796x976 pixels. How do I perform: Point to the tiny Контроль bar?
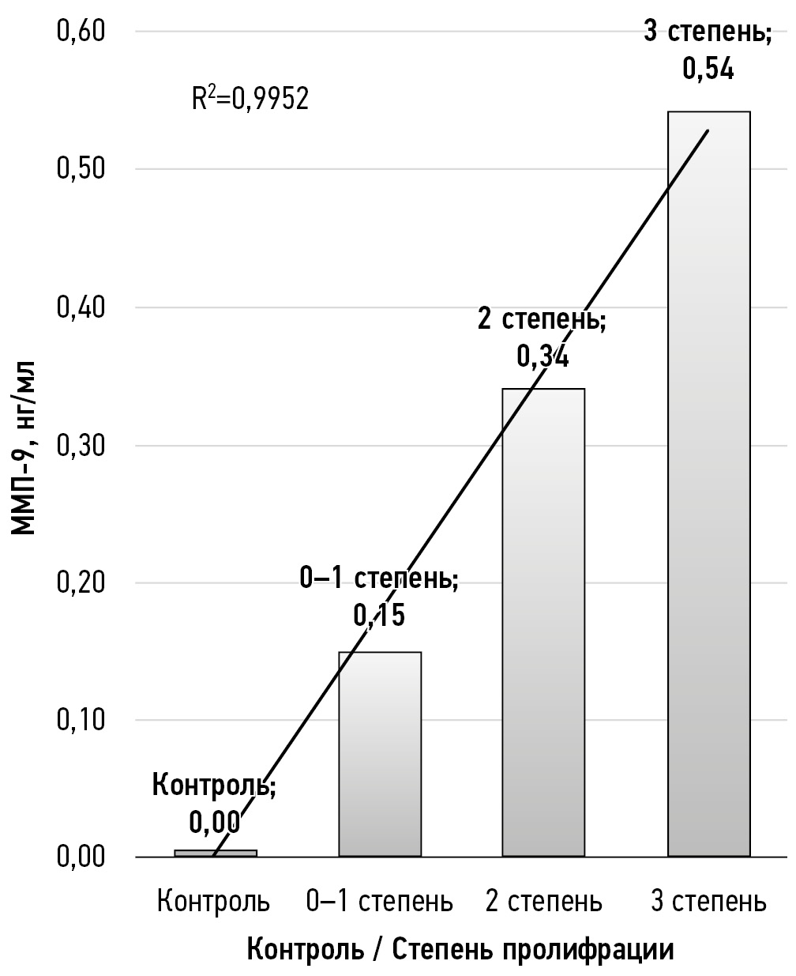pyautogui.click(x=216, y=853)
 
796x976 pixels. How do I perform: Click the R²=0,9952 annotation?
pyautogui.click(x=250, y=100)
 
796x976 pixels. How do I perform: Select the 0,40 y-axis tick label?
pyautogui.click(x=81, y=307)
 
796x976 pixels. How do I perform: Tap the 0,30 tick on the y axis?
pyautogui.click(x=81, y=445)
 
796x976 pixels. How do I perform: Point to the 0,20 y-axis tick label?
pyautogui.click(x=81, y=582)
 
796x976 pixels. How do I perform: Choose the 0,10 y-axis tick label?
pyautogui.click(x=81, y=720)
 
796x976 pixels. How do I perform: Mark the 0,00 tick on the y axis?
pyautogui.click(x=81, y=857)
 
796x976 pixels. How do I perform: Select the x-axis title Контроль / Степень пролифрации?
pyautogui.click(x=461, y=948)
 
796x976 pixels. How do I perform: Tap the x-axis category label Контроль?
pyautogui.click(x=213, y=901)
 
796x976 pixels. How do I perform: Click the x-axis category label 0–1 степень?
pyautogui.click(x=380, y=901)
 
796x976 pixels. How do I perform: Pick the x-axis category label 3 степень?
pyautogui.click(x=708, y=901)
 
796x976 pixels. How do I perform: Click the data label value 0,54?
pyautogui.click(x=708, y=70)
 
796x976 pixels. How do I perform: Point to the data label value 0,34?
pyautogui.click(x=543, y=357)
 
